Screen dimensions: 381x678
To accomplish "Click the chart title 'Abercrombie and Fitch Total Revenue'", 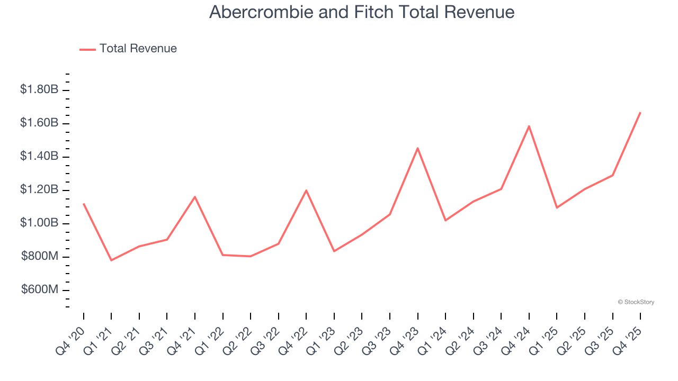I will [362, 12].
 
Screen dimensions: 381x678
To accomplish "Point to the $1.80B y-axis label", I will [39, 89].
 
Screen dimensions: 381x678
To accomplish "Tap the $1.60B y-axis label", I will [39, 123].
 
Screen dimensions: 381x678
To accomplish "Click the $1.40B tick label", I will [39, 156].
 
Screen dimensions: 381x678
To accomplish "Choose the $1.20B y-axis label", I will [39, 189].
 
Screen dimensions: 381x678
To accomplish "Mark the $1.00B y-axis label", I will [39, 223].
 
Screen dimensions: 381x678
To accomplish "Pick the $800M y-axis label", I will [40, 256].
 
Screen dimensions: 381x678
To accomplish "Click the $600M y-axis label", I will [40, 289].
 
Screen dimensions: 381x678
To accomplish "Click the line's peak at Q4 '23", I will [417, 148].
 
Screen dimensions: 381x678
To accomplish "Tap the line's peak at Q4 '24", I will [529, 126].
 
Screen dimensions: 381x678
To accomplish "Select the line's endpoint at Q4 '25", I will [640, 113].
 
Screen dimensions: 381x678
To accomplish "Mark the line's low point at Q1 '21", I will [111, 260].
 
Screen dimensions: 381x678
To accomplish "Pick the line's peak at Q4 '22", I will [306, 190].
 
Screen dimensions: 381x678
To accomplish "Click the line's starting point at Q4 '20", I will [84, 204].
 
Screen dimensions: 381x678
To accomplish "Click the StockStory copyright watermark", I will [636, 302].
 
